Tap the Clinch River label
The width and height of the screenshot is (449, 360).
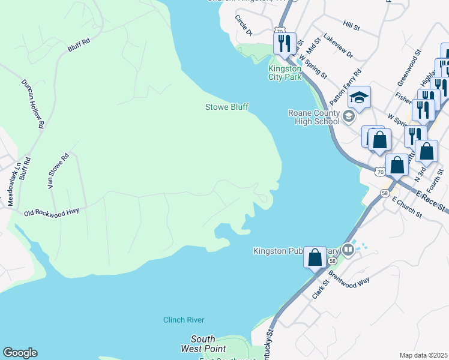coord(184,320)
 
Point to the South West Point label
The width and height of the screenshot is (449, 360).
coord(203,344)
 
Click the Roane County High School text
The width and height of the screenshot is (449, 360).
coord(313,117)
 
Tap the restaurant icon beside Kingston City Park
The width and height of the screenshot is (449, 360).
coord(284,43)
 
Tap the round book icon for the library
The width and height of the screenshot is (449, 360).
coord(348,249)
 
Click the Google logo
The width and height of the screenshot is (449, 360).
coord(20,353)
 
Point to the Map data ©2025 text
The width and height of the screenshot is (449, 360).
coord(423,355)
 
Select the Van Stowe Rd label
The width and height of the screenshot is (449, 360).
coord(59,171)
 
